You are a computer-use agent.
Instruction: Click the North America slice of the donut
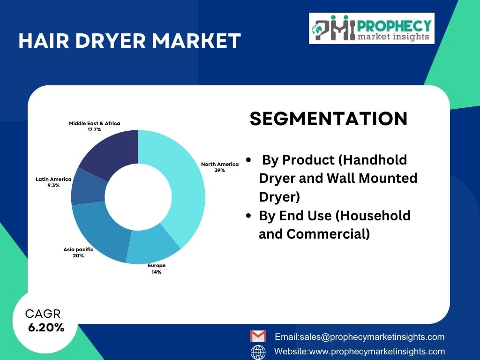coord(187,190)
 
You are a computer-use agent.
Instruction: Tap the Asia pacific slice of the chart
coord(98,230)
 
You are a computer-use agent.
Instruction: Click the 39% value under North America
coord(220,171)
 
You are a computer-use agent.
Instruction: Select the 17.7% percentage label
coord(94,130)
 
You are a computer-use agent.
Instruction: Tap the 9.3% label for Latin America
coord(53,186)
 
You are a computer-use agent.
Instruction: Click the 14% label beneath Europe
coord(157,272)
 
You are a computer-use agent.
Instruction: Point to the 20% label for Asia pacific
coord(78,255)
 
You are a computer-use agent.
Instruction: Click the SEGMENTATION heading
coord(329,119)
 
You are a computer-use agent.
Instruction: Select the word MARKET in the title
coord(196,41)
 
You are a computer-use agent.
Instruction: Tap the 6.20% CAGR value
coord(46,328)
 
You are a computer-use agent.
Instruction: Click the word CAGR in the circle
coord(43,314)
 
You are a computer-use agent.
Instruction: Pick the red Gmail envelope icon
coord(258,336)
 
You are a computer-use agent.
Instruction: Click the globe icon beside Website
coord(258,352)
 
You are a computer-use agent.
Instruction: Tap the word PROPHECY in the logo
coord(394,26)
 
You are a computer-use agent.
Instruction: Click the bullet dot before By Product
coord(248,160)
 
